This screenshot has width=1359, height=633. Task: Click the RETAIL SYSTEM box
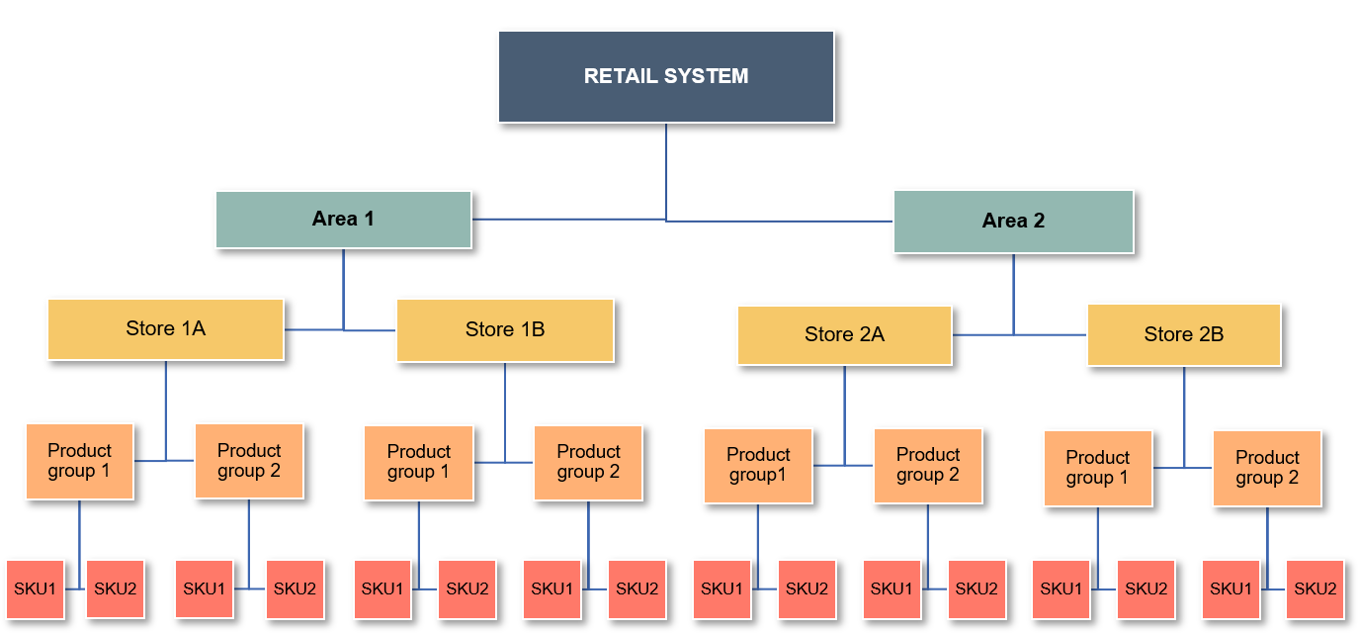(665, 76)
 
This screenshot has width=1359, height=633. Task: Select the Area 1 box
(343, 220)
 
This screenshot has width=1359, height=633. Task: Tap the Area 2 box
(1013, 222)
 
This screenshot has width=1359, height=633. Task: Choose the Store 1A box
(165, 329)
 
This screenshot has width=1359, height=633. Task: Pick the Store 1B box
(504, 330)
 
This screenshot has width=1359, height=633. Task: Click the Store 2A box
(844, 335)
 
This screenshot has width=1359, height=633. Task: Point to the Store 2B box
(1183, 335)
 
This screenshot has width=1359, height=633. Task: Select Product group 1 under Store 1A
(79, 461)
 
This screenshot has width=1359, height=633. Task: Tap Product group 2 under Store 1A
(248, 461)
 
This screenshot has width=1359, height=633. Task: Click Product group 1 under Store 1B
(418, 462)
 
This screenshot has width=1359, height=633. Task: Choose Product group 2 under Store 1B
(588, 462)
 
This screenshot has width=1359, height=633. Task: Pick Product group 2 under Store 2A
(927, 465)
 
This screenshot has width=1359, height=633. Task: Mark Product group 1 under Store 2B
(1097, 468)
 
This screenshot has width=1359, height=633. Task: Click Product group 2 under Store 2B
(1267, 468)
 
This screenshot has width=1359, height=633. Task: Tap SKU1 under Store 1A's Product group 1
(35, 589)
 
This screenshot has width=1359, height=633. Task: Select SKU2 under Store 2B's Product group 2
(1315, 589)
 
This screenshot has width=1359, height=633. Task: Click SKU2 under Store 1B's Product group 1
(467, 589)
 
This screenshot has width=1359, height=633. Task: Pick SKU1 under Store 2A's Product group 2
(892, 589)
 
